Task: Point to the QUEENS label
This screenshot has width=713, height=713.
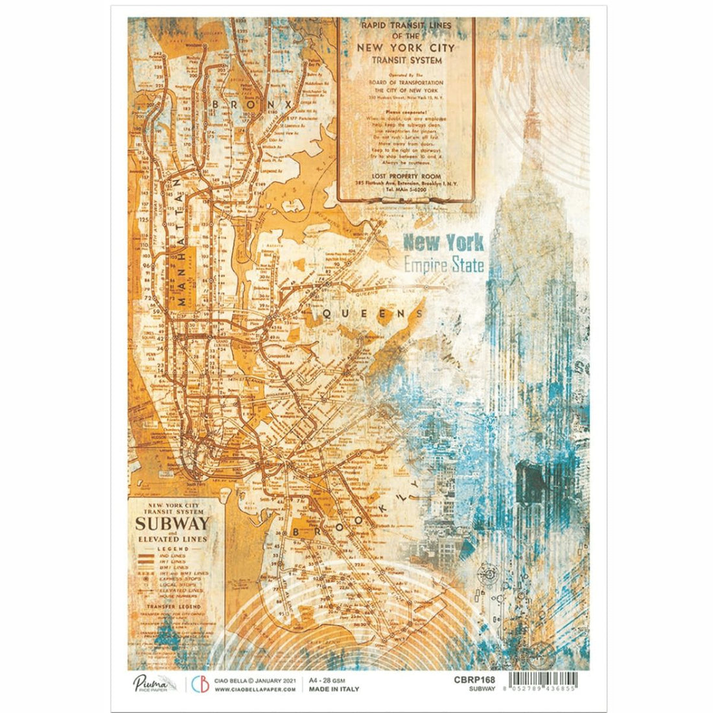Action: pyautogui.click(x=367, y=314)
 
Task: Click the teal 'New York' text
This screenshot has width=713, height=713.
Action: pyautogui.click(x=443, y=243)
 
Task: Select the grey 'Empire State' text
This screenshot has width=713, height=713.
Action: pyautogui.click(x=443, y=264)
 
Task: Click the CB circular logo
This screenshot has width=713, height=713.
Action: pyautogui.click(x=199, y=684)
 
